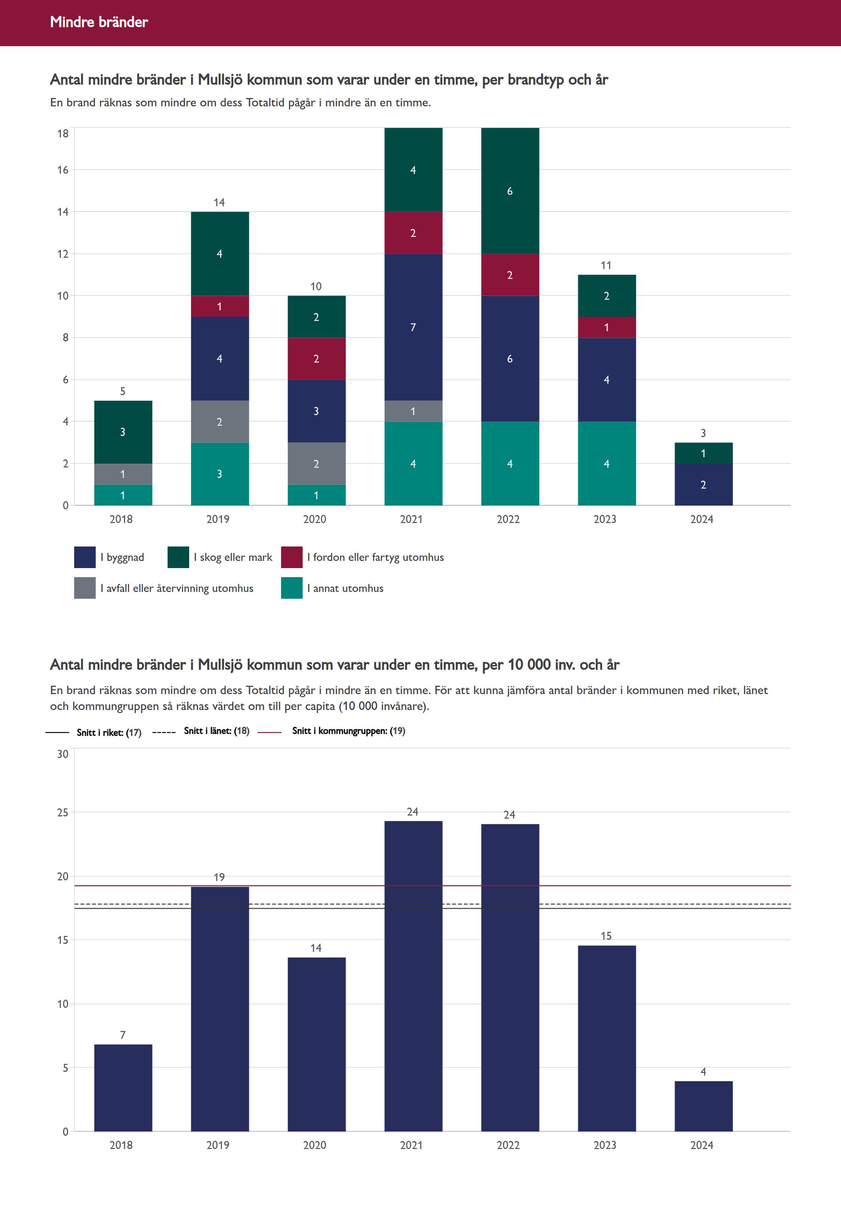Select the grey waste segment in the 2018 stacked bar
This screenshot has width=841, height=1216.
coord(123,474)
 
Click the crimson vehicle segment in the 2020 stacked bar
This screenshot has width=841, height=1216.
coord(316,358)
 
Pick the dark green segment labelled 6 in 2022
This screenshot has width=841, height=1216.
coord(510,191)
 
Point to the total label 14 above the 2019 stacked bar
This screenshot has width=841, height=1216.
coord(219,202)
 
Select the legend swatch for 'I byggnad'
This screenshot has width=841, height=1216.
coord(84,557)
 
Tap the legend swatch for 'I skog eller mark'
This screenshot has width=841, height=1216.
coord(178,557)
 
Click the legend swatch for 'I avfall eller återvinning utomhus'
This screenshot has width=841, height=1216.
coord(84,588)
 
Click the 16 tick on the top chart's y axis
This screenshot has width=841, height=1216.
coord(63,170)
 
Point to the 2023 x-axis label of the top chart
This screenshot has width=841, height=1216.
coord(605,519)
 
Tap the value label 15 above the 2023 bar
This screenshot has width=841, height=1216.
coord(606,936)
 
